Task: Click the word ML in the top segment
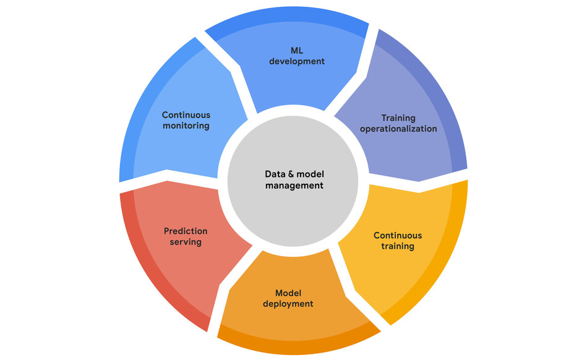pyautogui.click(x=297, y=51)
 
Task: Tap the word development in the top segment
pyautogui.click(x=297, y=61)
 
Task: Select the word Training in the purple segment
pyautogui.click(x=398, y=118)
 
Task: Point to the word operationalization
pyautogui.click(x=398, y=129)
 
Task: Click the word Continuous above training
pyautogui.click(x=398, y=236)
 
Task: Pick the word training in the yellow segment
pyautogui.click(x=398, y=246)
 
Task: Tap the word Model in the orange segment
pyautogui.click(x=288, y=293)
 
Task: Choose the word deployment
pyautogui.click(x=288, y=304)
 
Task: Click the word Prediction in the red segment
pyautogui.click(x=186, y=231)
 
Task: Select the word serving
pyautogui.click(x=186, y=242)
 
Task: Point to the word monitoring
pyautogui.click(x=186, y=126)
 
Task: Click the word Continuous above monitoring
pyautogui.click(x=186, y=115)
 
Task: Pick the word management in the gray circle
pyautogui.click(x=294, y=186)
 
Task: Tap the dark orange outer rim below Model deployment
pyautogui.click(x=296, y=343)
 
